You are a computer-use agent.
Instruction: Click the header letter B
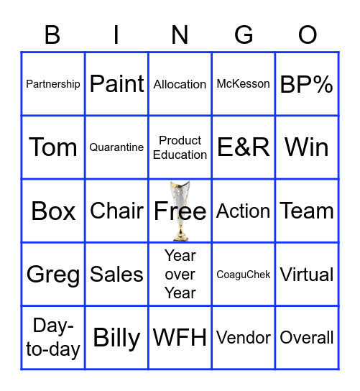pyautogui.click(x=52, y=34)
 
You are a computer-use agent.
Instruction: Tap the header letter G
pyautogui.click(x=244, y=34)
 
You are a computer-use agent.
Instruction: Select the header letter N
pyautogui.click(x=180, y=34)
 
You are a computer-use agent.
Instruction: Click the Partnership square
pyautogui.click(x=53, y=84)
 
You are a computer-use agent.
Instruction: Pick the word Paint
pyautogui.click(x=116, y=84)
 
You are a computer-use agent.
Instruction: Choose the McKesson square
pyautogui.click(x=244, y=84)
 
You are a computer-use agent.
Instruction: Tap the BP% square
pyautogui.click(x=307, y=84)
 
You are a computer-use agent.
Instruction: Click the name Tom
pyautogui.click(x=53, y=147)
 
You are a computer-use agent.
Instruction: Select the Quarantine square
pyautogui.click(x=116, y=147)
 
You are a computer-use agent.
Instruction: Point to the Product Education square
pyautogui.click(x=180, y=147)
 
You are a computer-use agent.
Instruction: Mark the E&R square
pyautogui.click(x=244, y=147)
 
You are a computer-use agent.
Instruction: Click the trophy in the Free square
pyautogui.click(x=179, y=211)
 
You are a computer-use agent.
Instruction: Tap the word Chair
pyautogui.click(x=116, y=211)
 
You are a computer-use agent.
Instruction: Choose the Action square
pyautogui.click(x=244, y=211)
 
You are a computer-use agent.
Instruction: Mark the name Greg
pyautogui.click(x=53, y=275)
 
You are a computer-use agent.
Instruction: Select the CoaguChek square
pyautogui.click(x=244, y=275)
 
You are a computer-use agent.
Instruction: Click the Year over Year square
pyautogui.click(x=180, y=275)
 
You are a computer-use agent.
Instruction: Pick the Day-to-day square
pyautogui.click(x=53, y=338)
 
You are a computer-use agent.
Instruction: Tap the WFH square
pyautogui.click(x=180, y=338)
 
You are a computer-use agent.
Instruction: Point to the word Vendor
pyautogui.click(x=244, y=338)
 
